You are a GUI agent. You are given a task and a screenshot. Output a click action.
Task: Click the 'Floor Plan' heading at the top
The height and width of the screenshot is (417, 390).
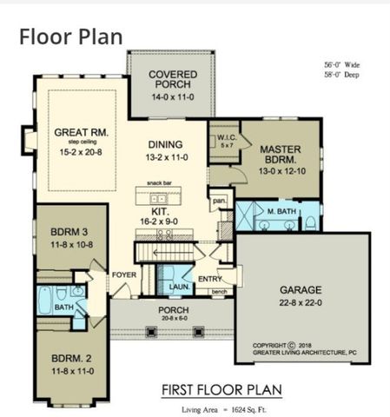tap(70, 36)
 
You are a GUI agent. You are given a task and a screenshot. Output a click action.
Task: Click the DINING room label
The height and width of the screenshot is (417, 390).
tap(168, 149)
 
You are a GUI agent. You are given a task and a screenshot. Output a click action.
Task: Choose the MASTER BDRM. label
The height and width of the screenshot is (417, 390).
tap(280, 155)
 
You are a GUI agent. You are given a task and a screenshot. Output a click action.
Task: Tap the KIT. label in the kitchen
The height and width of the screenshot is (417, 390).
tap(158, 210)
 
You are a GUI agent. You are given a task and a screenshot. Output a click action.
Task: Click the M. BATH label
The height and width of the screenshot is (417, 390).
tap(280, 211)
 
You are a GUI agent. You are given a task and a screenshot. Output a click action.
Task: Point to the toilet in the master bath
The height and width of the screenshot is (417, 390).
tap(310, 222)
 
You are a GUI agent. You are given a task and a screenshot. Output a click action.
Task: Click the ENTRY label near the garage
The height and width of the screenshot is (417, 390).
tap(210, 278)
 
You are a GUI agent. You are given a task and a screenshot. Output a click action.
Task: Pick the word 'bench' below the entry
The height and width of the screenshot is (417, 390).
tap(219, 292)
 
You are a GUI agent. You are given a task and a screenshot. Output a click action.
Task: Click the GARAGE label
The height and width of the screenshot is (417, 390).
tap(301, 289)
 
